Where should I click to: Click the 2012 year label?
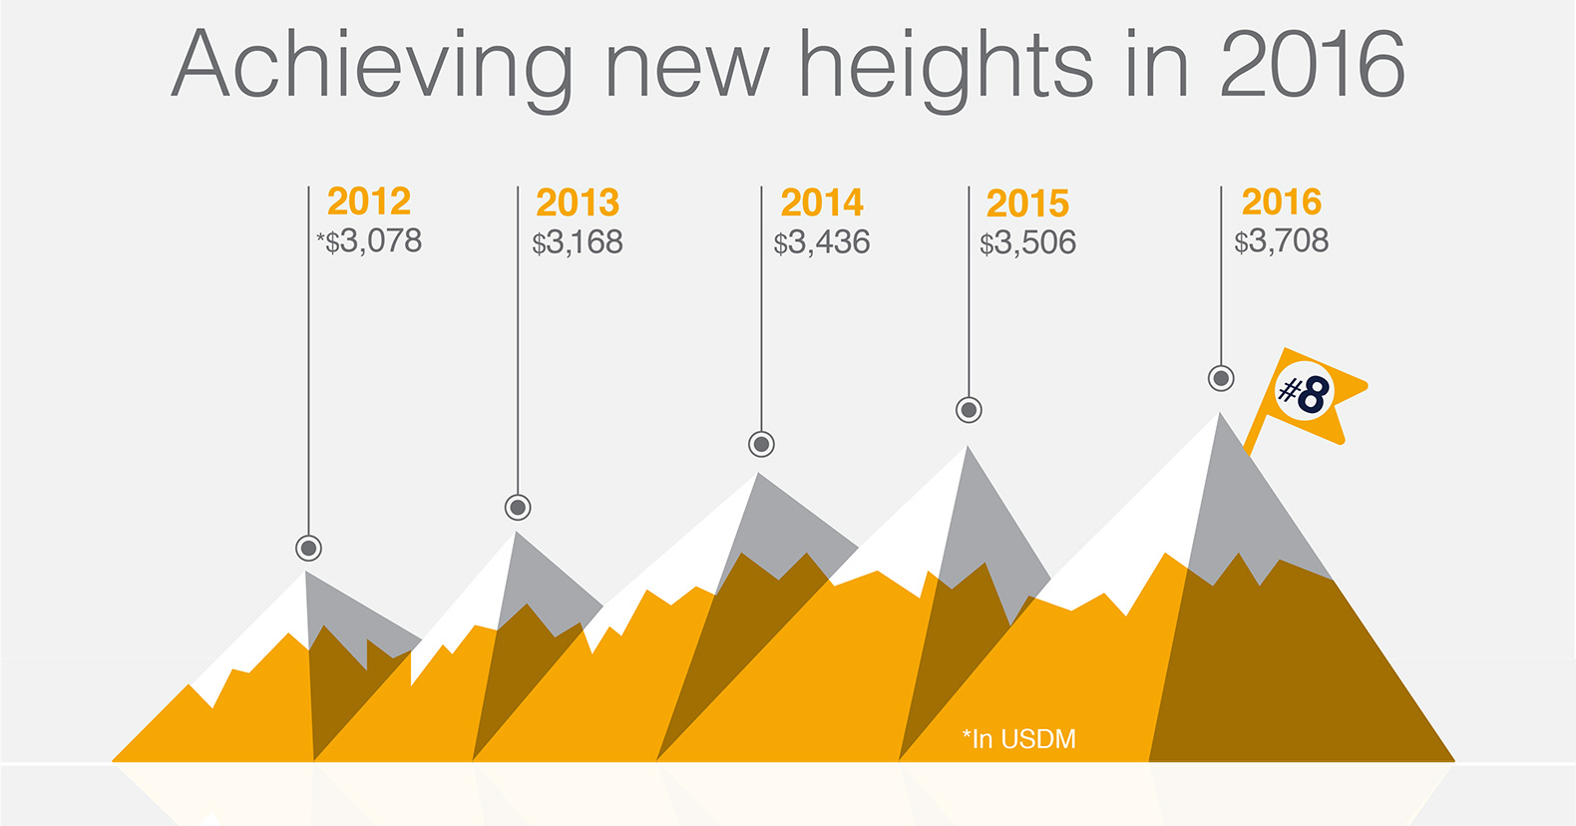click(369, 202)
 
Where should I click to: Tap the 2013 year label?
click(578, 203)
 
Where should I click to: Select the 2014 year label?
click(822, 203)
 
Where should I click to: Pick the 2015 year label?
click(1027, 204)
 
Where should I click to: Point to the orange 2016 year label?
click(1281, 202)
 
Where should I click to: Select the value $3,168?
click(577, 242)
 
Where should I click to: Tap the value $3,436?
click(821, 242)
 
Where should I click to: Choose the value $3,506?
click(1027, 242)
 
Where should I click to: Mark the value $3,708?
click(1281, 241)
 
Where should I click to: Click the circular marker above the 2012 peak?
click(308, 548)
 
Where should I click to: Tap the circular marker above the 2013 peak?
click(517, 508)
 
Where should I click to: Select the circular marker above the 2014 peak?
click(760, 445)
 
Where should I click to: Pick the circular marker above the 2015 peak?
click(969, 409)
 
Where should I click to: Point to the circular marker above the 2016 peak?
click(1221, 378)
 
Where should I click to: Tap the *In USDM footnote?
click(1018, 739)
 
